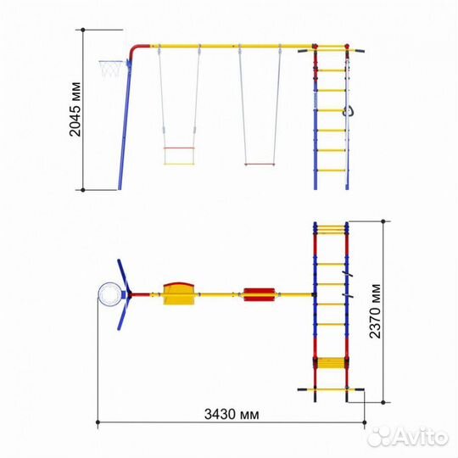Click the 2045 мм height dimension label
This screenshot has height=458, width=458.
(75, 109)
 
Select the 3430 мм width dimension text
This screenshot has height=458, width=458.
(232, 414)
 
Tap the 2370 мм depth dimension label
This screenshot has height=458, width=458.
(375, 311)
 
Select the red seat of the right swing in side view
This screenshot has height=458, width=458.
(260, 165)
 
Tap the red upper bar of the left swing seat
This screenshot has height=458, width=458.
(179, 148)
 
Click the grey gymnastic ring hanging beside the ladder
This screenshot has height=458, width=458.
(349, 111)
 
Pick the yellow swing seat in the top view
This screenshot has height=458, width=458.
(179, 293)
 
